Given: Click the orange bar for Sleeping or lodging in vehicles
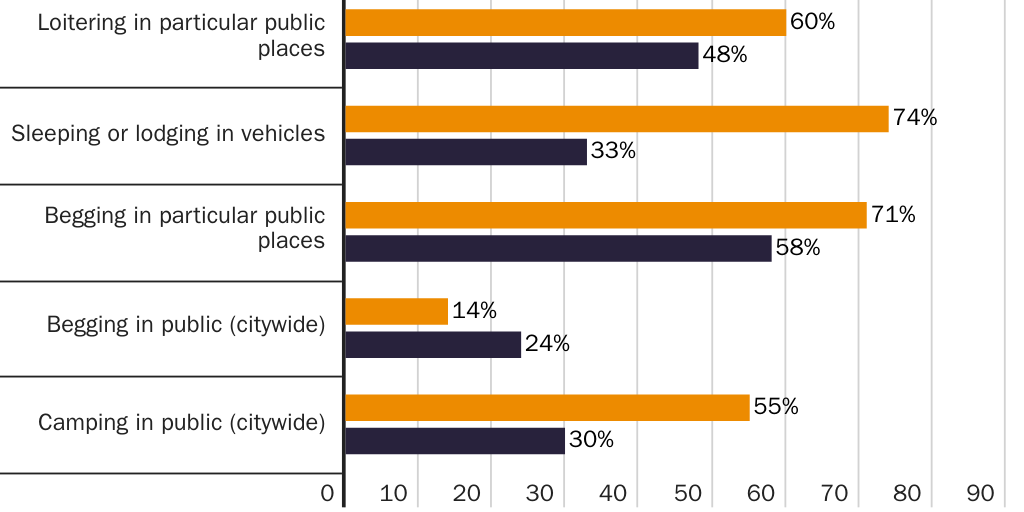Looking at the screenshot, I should [x=616, y=119].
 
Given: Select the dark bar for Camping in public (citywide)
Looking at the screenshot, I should [x=455, y=440].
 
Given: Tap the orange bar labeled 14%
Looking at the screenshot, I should [x=396, y=311].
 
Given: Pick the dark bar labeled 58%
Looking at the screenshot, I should [x=558, y=248].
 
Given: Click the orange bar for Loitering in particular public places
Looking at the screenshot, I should [x=565, y=22].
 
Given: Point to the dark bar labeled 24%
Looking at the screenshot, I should [x=433, y=344].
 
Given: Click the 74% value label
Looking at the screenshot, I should [x=915, y=118].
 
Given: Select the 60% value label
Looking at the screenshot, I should [x=812, y=21].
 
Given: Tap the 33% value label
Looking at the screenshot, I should [x=613, y=152].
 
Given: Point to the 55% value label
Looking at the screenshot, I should [x=776, y=407].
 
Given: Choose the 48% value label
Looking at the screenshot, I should [x=724, y=55].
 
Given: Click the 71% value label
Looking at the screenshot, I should [x=893, y=214].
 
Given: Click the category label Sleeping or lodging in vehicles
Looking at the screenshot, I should [x=168, y=134].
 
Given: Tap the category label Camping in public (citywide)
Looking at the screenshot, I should [x=182, y=422].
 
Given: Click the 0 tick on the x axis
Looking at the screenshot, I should [x=327, y=493].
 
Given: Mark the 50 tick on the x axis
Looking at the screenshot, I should [x=686, y=493].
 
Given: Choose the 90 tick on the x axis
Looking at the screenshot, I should [x=980, y=493].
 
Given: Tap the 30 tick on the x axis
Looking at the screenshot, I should [x=540, y=493].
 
